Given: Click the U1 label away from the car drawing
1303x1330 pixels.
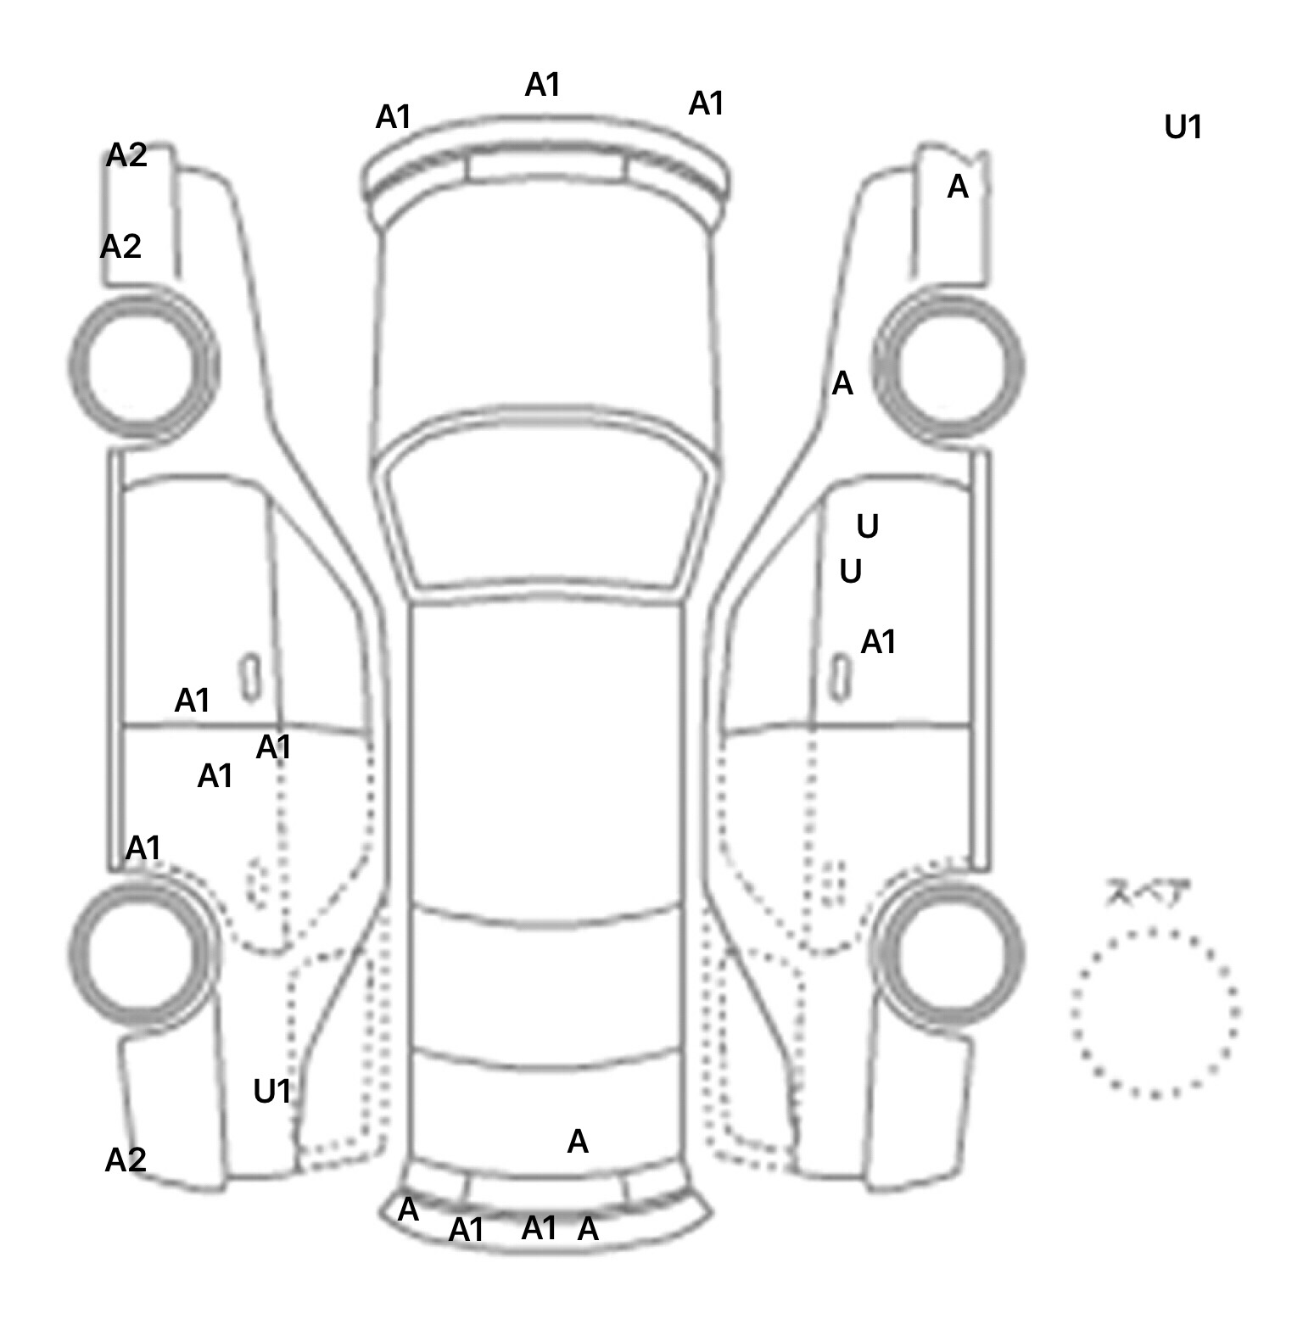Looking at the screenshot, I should click(x=1183, y=127).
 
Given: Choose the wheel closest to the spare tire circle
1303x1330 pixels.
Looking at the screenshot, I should click(x=950, y=950).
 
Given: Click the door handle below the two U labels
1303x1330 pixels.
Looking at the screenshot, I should click(x=840, y=676).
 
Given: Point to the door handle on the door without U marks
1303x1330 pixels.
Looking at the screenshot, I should click(x=250, y=676).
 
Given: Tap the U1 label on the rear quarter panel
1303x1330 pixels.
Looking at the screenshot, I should click(x=272, y=1091).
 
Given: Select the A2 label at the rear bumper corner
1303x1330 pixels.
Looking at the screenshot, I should click(x=126, y=1160).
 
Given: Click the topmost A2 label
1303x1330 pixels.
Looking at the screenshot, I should click(x=127, y=155).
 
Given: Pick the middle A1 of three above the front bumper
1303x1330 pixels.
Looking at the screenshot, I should click(x=543, y=85).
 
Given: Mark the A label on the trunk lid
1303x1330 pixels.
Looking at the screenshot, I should click(x=578, y=1142).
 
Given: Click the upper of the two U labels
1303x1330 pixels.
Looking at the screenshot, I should click(x=867, y=527).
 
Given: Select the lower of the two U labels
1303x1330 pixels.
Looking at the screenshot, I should click(x=850, y=572).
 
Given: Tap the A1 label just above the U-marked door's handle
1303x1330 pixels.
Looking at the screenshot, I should click(x=878, y=642).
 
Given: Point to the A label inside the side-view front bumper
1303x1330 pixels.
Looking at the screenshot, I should click(x=957, y=187).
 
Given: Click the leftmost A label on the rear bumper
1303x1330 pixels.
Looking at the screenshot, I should click(x=408, y=1210).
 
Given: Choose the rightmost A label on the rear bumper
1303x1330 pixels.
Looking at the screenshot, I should click(x=588, y=1228).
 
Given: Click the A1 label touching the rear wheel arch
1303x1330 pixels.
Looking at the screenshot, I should click(x=143, y=847).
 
